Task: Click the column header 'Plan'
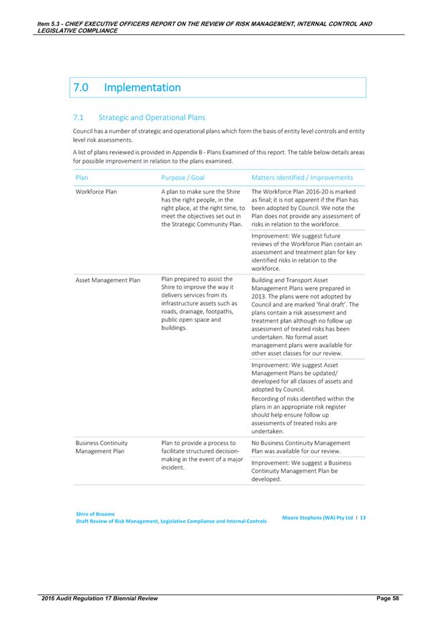click(82, 178)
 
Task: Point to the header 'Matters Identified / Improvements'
click(302, 178)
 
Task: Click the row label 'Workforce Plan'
click(96, 192)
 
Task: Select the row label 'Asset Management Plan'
click(107, 280)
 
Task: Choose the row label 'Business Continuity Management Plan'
click(101, 447)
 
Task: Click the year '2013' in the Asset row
click(260, 296)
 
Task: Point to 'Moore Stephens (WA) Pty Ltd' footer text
click(317, 518)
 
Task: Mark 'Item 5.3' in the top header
click(52, 24)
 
